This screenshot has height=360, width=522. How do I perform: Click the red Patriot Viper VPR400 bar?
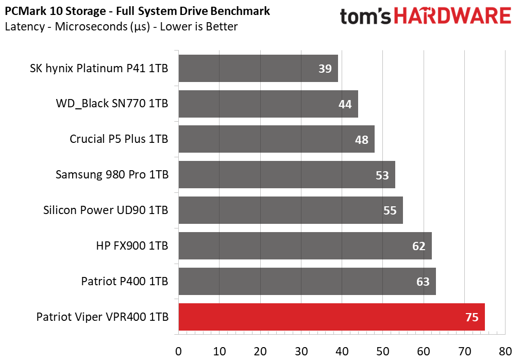point(331,317)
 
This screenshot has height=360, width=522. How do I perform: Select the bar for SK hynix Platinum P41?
point(258,68)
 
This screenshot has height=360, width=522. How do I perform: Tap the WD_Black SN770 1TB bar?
point(268,104)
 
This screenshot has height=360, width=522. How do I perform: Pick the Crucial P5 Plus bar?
point(277,139)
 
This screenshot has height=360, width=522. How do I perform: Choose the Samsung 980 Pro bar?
point(287,175)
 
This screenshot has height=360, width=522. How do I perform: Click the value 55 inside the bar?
point(390,210)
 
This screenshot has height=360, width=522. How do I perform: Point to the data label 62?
point(419,246)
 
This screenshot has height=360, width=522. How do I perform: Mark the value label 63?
point(423,282)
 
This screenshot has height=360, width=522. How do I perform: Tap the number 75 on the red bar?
point(472,317)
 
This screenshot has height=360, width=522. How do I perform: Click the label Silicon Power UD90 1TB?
point(106,210)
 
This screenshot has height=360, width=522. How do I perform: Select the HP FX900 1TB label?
point(132,246)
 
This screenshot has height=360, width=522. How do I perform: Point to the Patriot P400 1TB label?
point(125,281)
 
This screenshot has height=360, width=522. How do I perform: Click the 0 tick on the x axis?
point(178,351)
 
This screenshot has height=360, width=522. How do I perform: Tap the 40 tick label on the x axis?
point(342,351)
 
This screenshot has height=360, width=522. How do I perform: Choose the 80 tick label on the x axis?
point(506,351)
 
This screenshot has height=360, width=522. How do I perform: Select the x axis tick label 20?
point(260,351)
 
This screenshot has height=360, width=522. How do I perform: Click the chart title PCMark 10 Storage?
point(55,11)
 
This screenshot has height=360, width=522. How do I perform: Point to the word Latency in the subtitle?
point(25,27)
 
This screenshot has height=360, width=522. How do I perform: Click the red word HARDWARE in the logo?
point(453,16)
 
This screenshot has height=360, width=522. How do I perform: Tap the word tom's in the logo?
point(365,16)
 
